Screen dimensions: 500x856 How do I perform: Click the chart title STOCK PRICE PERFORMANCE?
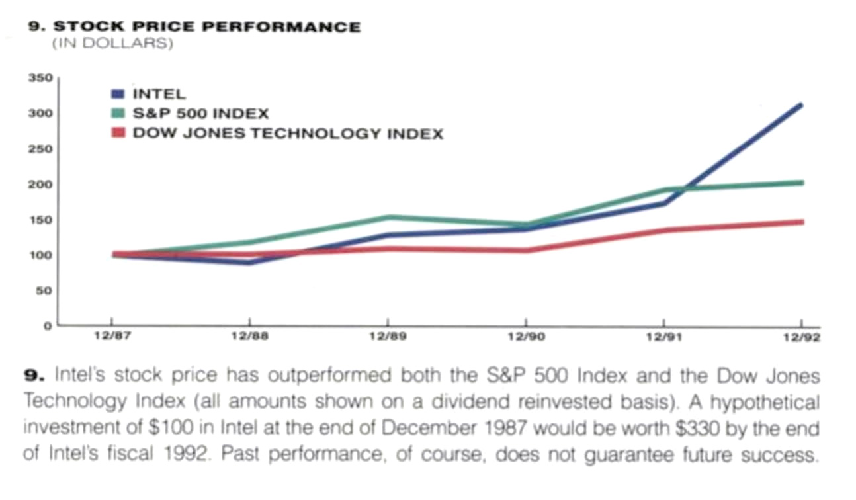click(x=206, y=27)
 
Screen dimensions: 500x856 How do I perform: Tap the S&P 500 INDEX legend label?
click(x=200, y=114)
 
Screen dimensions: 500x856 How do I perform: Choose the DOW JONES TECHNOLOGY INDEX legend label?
click(x=288, y=134)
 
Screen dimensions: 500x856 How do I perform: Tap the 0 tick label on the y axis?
click(x=47, y=326)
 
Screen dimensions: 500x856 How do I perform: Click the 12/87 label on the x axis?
click(x=111, y=337)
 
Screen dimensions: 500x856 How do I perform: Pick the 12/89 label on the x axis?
click(x=388, y=337)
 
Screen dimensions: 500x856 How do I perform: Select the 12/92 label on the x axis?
click(x=801, y=337)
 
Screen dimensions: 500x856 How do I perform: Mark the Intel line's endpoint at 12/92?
click(x=801, y=104)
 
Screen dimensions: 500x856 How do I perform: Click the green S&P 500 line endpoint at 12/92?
click(x=802, y=183)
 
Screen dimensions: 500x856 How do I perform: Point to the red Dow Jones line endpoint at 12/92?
click(x=802, y=222)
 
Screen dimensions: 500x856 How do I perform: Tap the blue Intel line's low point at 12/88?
click(x=249, y=262)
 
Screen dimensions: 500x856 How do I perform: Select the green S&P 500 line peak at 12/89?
click(x=388, y=217)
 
